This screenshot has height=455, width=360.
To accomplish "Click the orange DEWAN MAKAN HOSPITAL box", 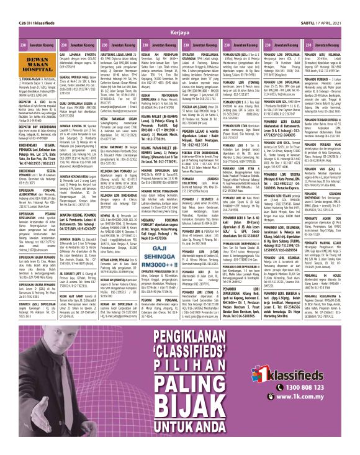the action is (x=24, y=66).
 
